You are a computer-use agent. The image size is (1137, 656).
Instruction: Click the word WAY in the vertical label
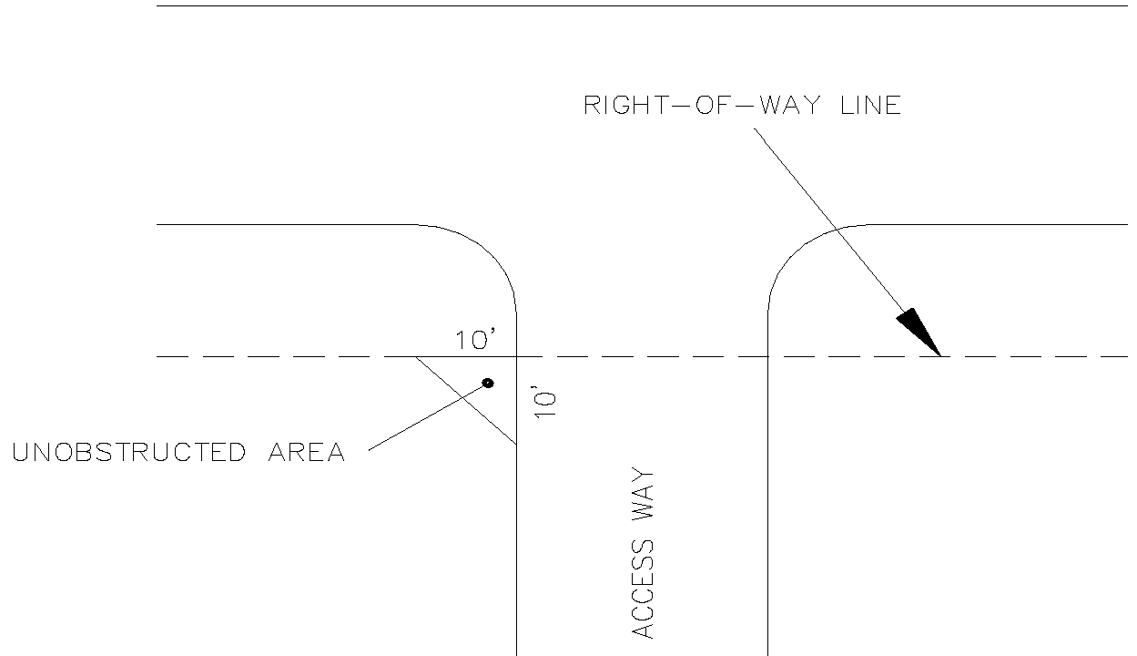click(x=644, y=497)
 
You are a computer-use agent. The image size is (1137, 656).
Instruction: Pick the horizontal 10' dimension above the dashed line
click(x=475, y=341)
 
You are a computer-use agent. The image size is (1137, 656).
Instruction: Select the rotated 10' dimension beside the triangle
click(x=544, y=401)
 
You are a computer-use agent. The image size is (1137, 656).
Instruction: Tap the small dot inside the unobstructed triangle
click(x=488, y=383)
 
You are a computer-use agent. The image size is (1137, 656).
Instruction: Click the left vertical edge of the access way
click(x=516, y=547)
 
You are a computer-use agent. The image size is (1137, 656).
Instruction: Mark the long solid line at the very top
click(x=637, y=6)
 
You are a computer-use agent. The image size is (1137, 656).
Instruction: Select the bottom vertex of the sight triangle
click(x=516, y=445)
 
